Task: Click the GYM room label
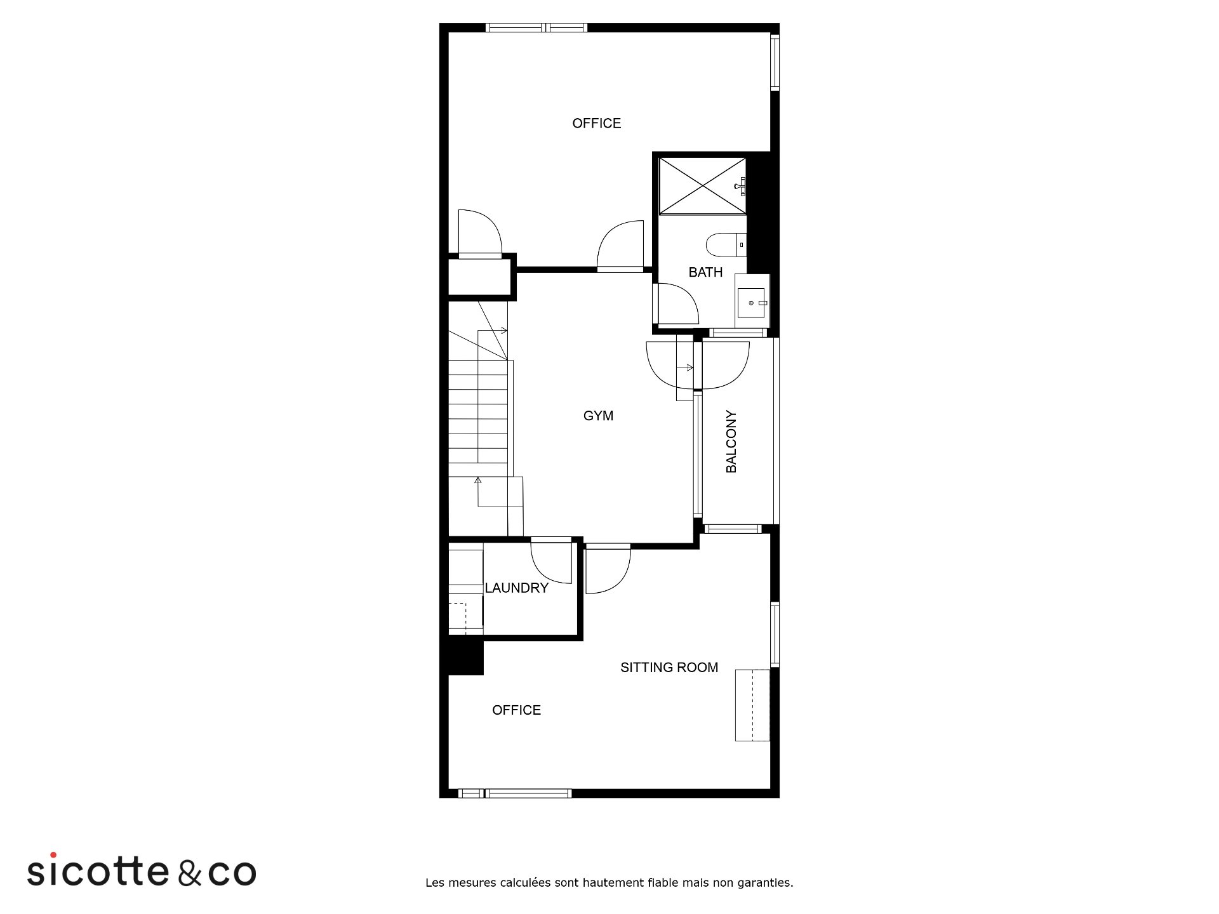[598, 416]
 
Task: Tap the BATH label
[705, 272]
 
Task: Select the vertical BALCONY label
[731, 441]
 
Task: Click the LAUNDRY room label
[516, 588]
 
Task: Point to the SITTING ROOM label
[669, 667]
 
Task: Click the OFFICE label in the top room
[597, 123]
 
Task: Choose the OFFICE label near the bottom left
[516, 710]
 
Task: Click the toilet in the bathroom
[726, 244]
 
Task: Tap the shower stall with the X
[702, 186]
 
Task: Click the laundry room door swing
[551, 561]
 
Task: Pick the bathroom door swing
[678, 304]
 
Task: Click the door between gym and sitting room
[608, 569]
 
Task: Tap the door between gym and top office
[620, 246]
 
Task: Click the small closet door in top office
[480, 234]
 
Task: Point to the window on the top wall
[536, 27]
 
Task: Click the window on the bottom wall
[515, 793]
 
